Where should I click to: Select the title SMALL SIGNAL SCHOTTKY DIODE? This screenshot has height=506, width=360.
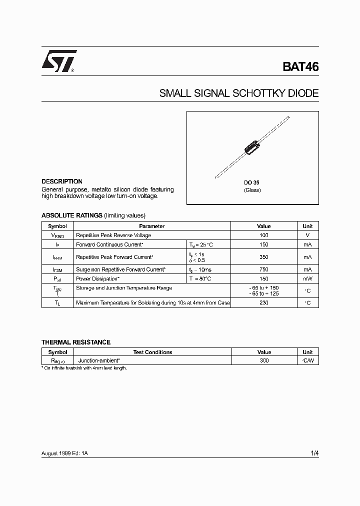point(238,93)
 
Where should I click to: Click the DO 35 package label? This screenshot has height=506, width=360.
point(251,183)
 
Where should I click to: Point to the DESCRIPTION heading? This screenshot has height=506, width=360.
point(62,181)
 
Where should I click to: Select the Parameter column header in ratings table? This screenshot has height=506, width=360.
point(152,226)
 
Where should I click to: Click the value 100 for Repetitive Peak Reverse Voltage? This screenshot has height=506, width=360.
point(264,235)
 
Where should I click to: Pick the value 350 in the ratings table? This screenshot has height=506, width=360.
point(264,257)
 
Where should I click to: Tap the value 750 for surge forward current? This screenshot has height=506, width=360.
point(264,269)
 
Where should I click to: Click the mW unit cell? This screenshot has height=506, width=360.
point(307,278)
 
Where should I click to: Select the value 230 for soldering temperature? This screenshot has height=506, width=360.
point(264,302)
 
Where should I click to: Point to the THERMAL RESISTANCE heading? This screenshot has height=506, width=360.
point(76,342)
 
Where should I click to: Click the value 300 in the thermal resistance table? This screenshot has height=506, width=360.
point(264,360)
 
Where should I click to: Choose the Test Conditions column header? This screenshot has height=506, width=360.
point(152,352)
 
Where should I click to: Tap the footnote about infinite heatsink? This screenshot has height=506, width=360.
point(84,368)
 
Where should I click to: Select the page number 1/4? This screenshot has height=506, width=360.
point(314,453)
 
